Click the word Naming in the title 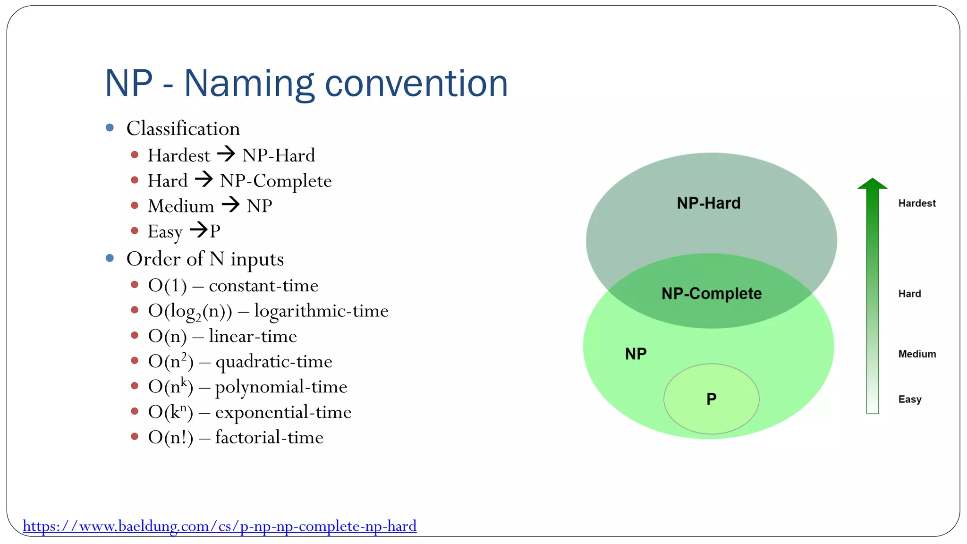pos(249,84)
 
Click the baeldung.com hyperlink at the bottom pos(220,526)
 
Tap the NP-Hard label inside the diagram pos(708,203)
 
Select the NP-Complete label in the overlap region pos(712,294)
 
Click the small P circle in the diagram pos(711,399)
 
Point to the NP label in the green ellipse pos(636,354)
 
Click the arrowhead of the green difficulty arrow pos(872,184)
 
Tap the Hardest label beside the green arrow pos(916,204)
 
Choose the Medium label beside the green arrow pos(917,354)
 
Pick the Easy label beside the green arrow pos(910,399)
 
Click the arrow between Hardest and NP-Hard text pos(226,154)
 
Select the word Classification pos(183,128)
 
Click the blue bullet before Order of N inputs pos(110,258)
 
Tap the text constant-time pos(263,286)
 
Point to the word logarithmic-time pos(321,311)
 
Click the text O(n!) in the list pos(170,437)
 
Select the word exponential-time pos(283,412)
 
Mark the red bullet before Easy pos(135,230)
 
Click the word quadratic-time pos(274,362)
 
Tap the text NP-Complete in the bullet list pos(276,181)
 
